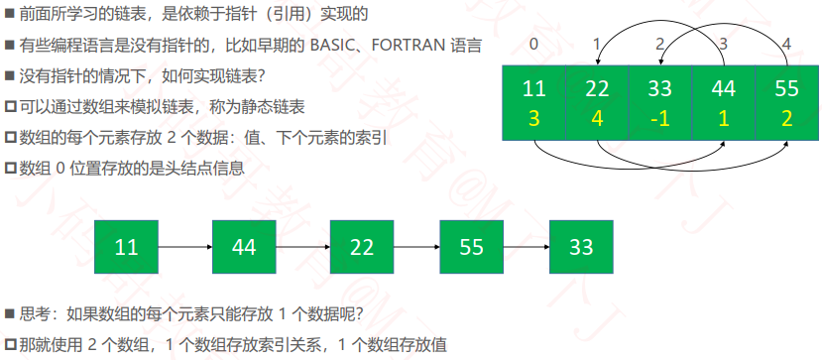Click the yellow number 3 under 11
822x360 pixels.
[533, 119]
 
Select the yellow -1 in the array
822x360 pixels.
[659, 119]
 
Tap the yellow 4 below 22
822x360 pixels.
[597, 119]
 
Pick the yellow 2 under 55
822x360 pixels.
[786, 119]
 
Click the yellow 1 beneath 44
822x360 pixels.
[724, 119]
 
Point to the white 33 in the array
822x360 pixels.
[659, 88]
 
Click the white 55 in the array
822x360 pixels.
[786, 88]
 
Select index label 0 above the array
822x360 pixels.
[533, 44]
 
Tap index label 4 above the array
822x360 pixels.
[786, 44]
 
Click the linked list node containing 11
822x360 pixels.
[126, 247]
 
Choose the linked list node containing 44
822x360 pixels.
[244, 247]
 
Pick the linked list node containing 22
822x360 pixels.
[362, 247]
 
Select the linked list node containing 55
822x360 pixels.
[471, 247]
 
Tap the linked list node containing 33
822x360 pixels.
[581, 247]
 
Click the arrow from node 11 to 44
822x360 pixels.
[185, 247]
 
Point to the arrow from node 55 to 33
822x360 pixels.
[527, 247]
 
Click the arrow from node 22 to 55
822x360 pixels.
[416, 247]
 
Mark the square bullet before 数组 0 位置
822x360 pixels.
[11, 169]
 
